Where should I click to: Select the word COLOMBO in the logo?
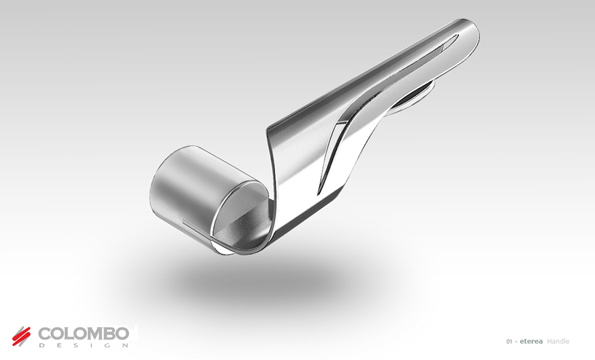83,333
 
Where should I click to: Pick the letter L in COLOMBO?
70,333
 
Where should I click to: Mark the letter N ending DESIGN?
124,345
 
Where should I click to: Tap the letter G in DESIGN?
107,345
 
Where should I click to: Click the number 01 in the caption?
509,342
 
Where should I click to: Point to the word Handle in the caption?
558,342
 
